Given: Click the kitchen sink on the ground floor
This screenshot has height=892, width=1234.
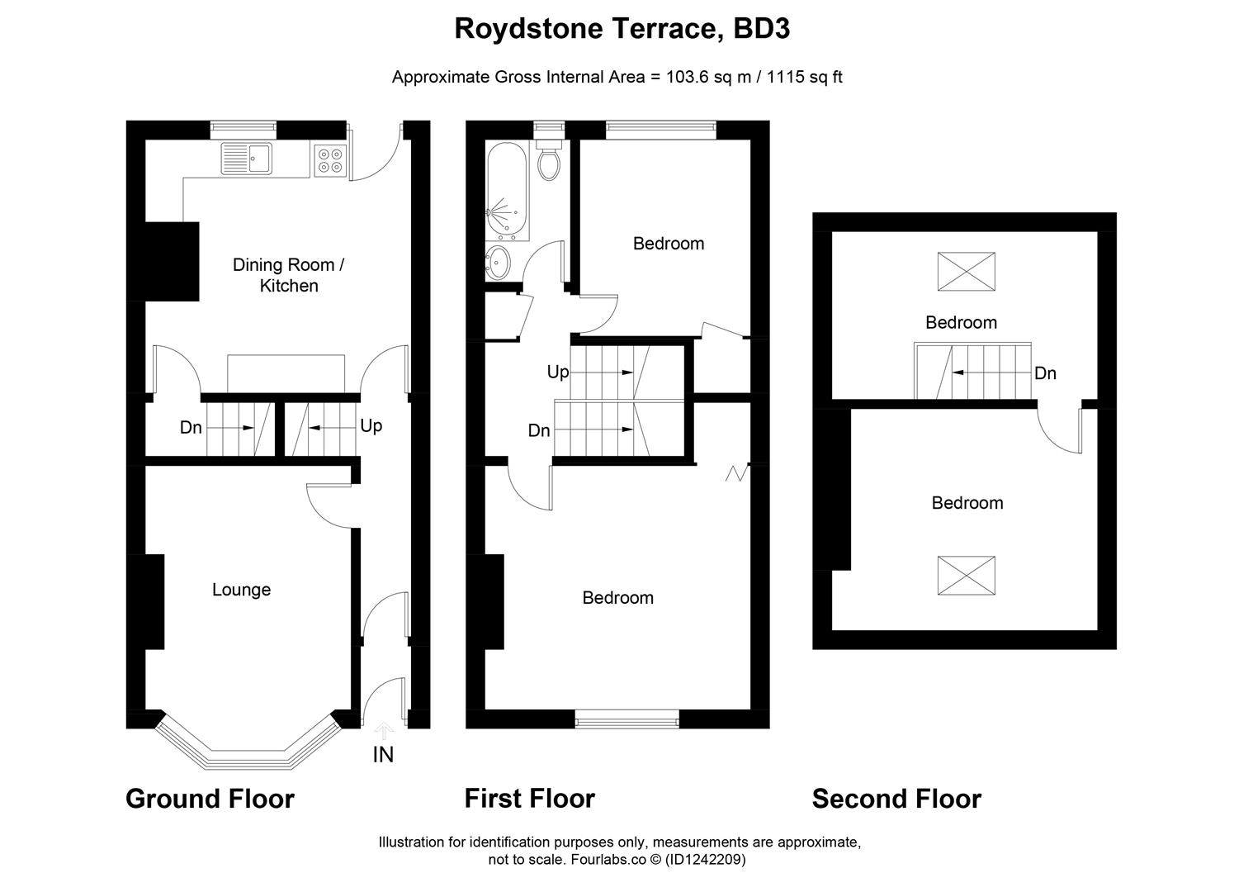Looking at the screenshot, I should pos(247,158).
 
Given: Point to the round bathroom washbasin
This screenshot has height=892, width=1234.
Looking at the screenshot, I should pos(499,263).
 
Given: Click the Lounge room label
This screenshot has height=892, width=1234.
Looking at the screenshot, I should pos(241,590).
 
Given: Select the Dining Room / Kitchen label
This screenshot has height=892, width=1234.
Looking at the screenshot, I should pos(288,275).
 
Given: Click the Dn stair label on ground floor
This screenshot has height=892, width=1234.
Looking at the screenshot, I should pos(191,428).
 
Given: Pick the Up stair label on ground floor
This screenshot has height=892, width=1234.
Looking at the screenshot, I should pos(371,426).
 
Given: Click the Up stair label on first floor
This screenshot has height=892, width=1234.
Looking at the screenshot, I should pos(558,372).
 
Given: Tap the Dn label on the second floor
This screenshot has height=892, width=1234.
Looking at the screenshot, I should pos(1045,373).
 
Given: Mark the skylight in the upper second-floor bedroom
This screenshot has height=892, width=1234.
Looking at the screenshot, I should pos(967,272).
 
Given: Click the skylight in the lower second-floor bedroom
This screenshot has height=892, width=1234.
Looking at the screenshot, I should pos(967,576).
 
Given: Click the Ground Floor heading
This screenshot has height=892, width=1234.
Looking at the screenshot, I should pos(210,799).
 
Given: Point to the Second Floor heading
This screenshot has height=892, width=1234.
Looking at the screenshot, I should pos(896,799).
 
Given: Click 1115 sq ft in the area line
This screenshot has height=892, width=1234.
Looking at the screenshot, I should pos(805,78).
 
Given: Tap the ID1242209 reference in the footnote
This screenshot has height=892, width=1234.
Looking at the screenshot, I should pos(706,860).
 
